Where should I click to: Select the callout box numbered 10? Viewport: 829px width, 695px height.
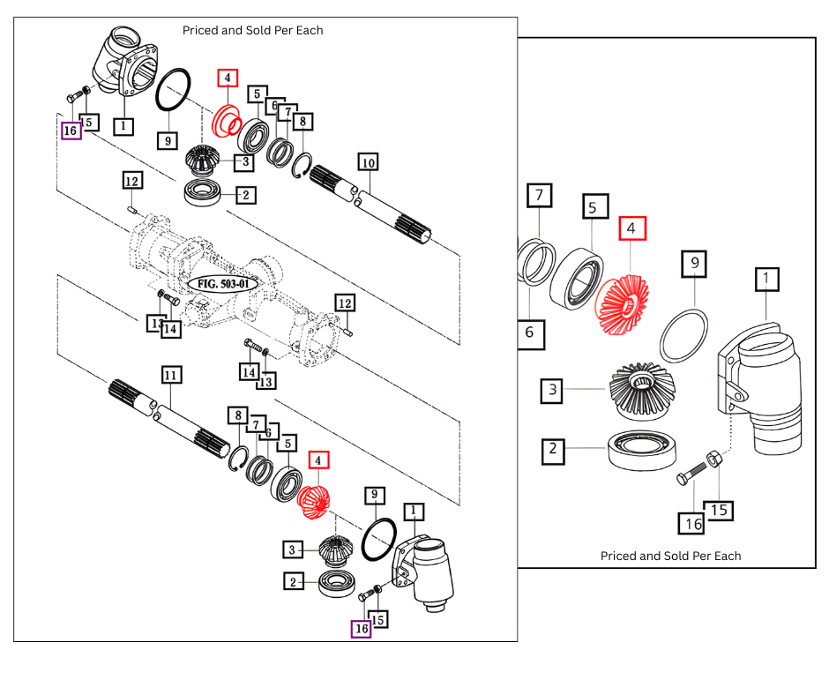pos(368,161)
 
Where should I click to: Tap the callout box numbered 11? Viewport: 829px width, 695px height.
pos(171,375)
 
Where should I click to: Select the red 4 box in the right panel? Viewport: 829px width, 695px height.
pos(632,228)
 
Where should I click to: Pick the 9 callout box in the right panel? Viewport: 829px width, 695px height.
pos(695,262)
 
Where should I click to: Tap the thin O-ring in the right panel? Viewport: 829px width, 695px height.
pos(684,335)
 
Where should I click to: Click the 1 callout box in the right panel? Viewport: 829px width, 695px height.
pos(766,280)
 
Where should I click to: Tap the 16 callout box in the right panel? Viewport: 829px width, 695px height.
pos(692,523)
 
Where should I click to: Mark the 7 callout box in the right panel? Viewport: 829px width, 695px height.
pos(539,196)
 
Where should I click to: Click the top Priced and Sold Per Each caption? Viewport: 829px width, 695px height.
pos(252,30)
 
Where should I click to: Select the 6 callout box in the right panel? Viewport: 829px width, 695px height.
pos(530,332)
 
